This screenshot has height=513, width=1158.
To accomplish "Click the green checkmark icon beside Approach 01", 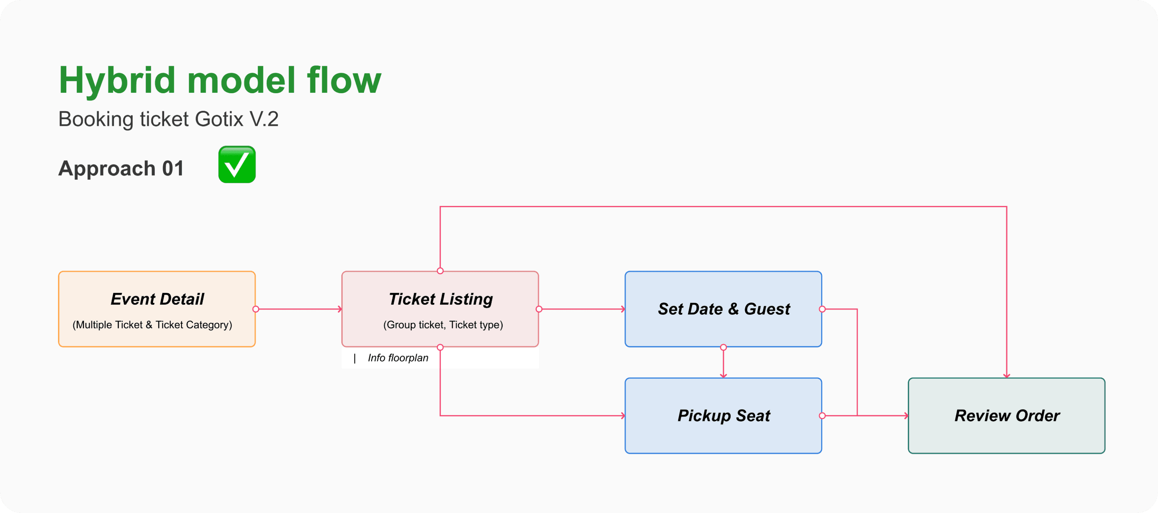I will [237, 165].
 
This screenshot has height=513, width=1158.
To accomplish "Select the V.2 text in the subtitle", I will [264, 119].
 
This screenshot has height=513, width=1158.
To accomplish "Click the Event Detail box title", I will [157, 299].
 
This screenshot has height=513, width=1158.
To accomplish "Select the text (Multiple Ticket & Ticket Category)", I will [152, 325].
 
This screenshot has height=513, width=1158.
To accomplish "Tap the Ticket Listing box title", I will [440, 299].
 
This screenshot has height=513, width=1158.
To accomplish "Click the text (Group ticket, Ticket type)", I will [443, 325].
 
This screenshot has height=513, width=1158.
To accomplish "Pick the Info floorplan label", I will [398, 358].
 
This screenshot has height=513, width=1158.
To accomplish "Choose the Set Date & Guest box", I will [723, 309].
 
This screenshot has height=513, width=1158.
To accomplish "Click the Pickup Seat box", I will [723, 415].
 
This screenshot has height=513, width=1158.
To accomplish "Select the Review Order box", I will [1006, 415].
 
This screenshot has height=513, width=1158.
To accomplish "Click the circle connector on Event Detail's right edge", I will [256, 309].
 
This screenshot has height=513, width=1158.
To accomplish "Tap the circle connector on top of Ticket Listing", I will [440, 271].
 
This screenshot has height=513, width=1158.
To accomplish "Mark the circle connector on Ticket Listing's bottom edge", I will [440, 347].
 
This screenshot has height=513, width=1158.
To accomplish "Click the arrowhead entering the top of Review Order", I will [1006, 375].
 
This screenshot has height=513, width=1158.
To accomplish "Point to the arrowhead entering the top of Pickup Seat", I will [723, 375].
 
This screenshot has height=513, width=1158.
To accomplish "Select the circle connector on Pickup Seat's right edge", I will [822, 415].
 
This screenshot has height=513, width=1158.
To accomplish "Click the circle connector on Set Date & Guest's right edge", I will [822, 309].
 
